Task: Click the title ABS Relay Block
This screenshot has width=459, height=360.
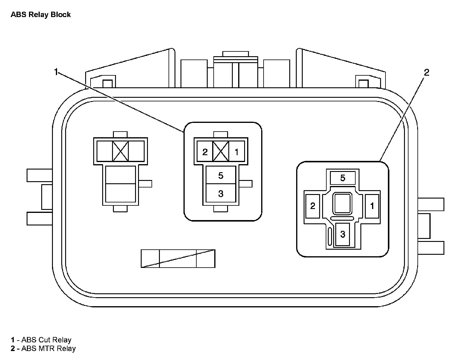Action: click(x=41, y=15)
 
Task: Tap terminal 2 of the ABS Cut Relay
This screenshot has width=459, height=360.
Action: click(x=205, y=152)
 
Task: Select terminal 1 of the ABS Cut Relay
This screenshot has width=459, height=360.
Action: click(x=236, y=152)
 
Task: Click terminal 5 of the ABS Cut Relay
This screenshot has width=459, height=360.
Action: click(x=221, y=176)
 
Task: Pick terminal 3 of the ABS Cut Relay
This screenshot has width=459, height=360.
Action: click(x=221, y=194)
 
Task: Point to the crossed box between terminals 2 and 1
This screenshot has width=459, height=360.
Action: click(x=221, y=151)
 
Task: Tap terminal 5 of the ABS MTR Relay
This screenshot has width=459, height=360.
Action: click(x=342, y=178)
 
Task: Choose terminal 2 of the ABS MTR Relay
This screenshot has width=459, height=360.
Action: click(x=313, y=206)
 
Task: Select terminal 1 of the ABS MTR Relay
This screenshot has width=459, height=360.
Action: click(x=372, y=206)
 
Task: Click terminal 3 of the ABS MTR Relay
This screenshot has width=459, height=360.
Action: click(x=342, y=234)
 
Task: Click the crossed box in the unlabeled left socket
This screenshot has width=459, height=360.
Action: click(x=120, y=151)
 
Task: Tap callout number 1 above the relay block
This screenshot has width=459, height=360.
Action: click(x=56, y=72)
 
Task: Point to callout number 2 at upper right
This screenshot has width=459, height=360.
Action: click(x=426, y=72)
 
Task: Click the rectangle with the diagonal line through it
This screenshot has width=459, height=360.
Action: click(x=178, y=259)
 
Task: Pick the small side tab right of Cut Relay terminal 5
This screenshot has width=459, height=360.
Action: click(x=246, y=184)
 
